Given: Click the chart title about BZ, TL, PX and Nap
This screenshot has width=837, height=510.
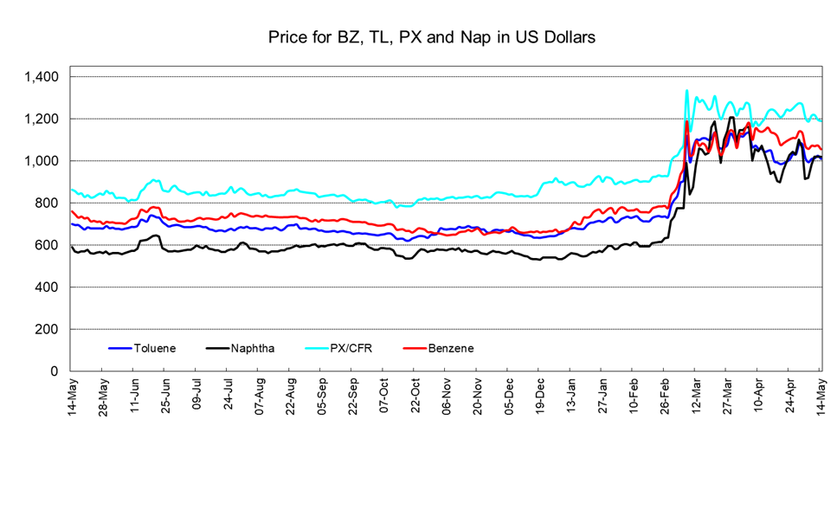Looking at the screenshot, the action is pyautogui.click(x=431, y=37).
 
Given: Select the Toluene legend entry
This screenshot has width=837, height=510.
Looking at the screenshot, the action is pyautogui.click(x=142, y=348).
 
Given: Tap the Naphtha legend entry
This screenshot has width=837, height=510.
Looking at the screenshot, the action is pyautogui.click(x=241, y=348).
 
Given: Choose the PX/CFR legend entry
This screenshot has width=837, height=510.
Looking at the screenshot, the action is pyautogui.click(x=339, y=348).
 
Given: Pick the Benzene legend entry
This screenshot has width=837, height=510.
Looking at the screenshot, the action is pyautogui.click(x=438, y=348).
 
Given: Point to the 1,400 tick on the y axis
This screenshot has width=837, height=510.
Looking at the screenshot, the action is pyautogui.click(x=41, y=77).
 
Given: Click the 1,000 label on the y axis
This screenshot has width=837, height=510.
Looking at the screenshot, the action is pyautogui.click(x=41, y=161).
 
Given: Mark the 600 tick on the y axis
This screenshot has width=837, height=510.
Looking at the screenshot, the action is pyautogui.click(x=47, y=245).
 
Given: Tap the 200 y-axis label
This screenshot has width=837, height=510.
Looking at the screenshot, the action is pyautogui.click(x=47, y=329).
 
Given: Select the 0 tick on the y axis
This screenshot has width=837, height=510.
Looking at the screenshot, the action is pyautogui.click(x=55, y=371).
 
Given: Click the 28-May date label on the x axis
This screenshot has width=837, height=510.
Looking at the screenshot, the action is pyautogui.click(x=104, y=397).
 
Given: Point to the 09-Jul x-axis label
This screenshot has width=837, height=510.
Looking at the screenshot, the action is pyautogui.click(x=197, y=394).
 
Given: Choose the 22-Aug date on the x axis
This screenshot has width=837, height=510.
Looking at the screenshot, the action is pyautogui.click(x=291, y=397).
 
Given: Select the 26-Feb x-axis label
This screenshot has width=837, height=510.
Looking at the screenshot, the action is pyautogui.click(x=666, y=397).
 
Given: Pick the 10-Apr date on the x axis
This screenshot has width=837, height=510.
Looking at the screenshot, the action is pyautogui.click(x=759, y=395).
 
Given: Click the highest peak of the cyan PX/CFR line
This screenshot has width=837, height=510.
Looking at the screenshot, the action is pyautogui.click(x=687, y=91).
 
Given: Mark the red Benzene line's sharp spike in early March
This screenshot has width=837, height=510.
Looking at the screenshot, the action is pyautogui.click(x=686, y=122).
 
